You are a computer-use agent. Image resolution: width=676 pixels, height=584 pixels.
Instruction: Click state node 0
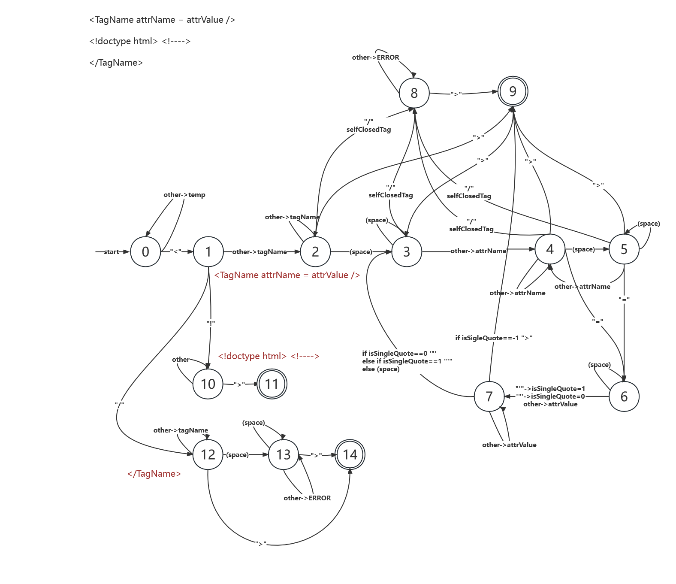tap(145, 252)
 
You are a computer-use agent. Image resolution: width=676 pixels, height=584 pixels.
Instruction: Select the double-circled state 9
tap(513, 91)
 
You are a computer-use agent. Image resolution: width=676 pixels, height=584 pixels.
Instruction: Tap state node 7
tap(489, 396)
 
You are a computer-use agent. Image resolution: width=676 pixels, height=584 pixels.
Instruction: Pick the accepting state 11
tap(272, 384)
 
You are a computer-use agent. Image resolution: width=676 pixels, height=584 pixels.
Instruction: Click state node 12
tap(208, 454)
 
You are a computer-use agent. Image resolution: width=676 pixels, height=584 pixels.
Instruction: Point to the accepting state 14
tap(350, 454)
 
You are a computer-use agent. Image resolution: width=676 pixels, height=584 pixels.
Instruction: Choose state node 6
tap(624, 396)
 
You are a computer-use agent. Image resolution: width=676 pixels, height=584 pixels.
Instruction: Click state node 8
tap(414, 93)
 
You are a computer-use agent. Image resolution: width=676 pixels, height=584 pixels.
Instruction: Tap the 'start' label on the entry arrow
tap(112, 252)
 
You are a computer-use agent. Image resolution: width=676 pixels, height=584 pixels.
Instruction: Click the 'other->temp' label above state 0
tap(184, 195)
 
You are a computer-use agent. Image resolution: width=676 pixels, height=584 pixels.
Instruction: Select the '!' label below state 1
tap(211, 323)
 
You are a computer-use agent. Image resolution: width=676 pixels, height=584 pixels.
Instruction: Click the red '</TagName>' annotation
tap(154, 474)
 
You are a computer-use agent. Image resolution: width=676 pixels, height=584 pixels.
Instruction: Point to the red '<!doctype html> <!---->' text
tap(269, 356)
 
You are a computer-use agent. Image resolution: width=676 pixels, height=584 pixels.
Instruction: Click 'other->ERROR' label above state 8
tap(375, 57)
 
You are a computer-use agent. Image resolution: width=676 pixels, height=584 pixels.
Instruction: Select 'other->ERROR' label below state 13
tap(307, 498)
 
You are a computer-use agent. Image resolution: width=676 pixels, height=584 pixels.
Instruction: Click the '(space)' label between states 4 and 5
tap(583, 249)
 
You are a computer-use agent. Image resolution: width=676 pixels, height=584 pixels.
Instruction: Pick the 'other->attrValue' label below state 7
tap(509, 445)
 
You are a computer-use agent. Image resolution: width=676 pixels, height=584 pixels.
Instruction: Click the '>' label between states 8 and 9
tap(456, 94)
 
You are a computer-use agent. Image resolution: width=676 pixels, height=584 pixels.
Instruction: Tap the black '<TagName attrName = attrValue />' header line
tap(162, 20)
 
